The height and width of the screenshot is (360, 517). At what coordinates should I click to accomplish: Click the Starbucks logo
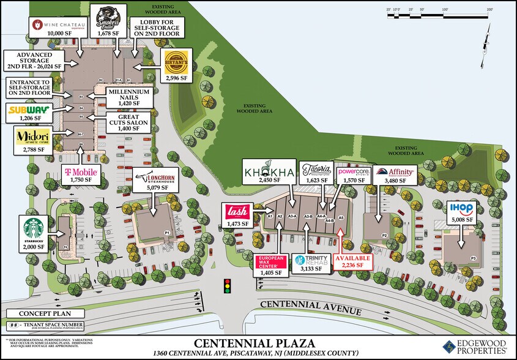[x=35, y=227]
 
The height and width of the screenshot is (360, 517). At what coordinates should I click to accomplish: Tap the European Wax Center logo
[x=270, y=261]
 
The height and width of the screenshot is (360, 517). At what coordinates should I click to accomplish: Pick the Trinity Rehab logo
[x=310, y=260]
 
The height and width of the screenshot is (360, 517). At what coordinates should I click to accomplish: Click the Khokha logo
[x=269, y=171]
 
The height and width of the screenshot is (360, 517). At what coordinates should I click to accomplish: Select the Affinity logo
[x=394, y=173]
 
